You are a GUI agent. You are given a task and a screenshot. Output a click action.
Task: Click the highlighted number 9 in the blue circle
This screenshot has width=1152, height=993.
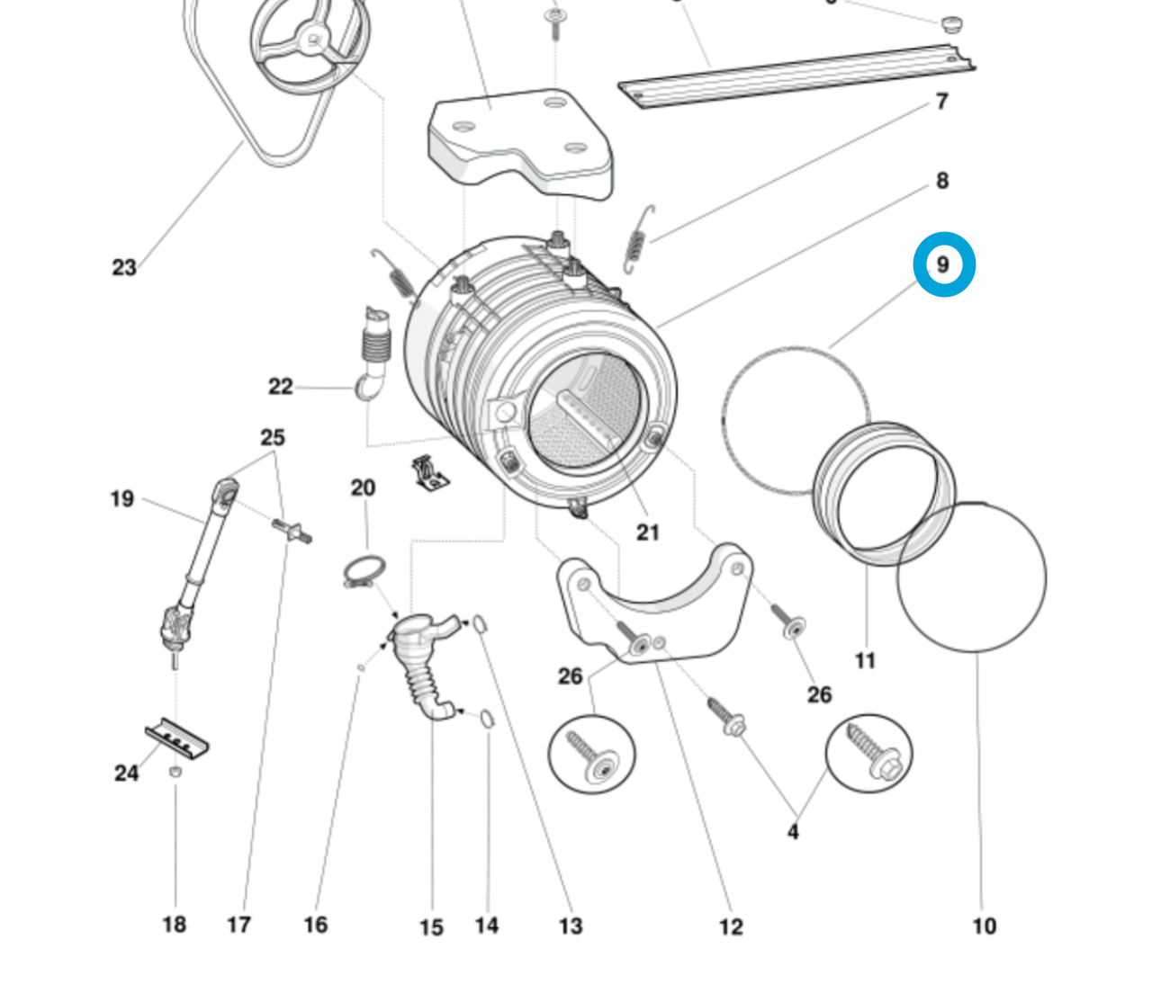click(x=943, y=264)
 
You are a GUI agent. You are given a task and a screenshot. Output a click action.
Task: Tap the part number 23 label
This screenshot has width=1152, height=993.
click(x=124, y=267)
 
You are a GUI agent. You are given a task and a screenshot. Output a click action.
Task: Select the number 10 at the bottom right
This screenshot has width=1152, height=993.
click(x=985, y=926)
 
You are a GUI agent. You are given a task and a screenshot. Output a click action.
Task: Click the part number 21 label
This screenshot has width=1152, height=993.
click(x=648, y=532)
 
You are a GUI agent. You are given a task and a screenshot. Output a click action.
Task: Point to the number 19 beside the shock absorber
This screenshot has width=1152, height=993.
click(x=122, y=498)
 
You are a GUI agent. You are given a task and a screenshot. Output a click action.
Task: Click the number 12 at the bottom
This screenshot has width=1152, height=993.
click(x=731, y=926)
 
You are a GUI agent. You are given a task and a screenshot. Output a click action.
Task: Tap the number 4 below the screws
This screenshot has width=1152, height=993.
click(x=793, y=832)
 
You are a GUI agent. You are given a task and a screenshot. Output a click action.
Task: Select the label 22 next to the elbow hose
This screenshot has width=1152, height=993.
click(x=281, y=387)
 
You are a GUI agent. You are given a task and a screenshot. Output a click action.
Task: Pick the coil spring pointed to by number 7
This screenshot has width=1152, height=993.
click(x=636, y=238)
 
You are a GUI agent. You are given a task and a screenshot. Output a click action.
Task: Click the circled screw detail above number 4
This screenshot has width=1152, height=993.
click(x=869, y=754)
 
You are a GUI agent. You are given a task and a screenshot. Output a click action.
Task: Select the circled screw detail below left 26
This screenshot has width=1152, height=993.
click(x=592, y=754)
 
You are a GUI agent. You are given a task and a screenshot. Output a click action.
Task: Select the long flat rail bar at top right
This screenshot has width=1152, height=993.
click(x=796, y=76)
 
